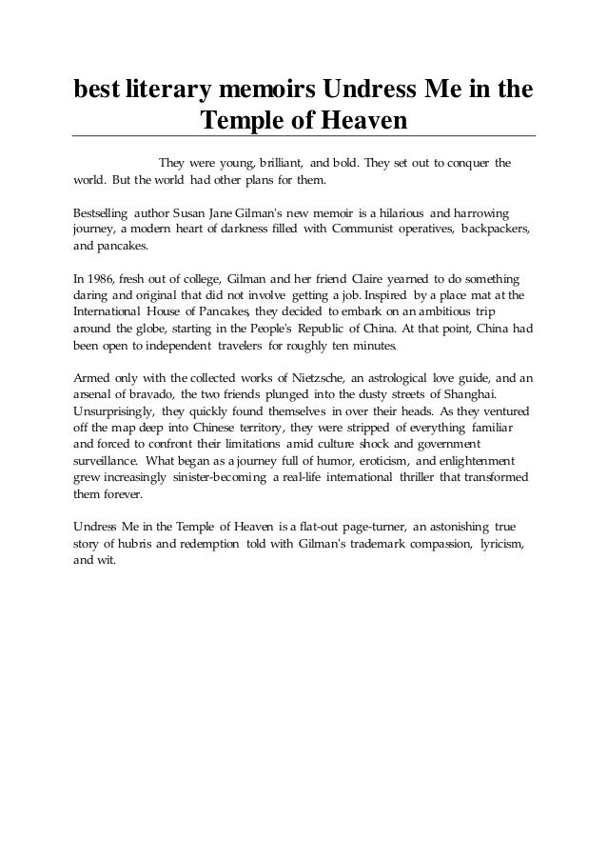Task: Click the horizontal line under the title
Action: coord(304,137)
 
